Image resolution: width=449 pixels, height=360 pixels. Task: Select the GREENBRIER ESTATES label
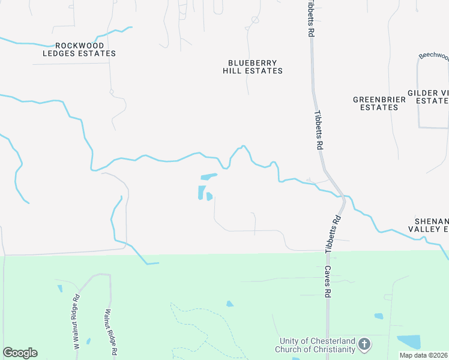pyautogui.click(x=375, y=103)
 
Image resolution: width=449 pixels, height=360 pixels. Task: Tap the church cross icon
pyautogui.click(x=364, y=344)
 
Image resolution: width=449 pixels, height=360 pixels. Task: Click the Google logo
pyautogui.click(x=20, y=353)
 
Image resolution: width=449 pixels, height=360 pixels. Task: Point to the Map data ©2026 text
pyautogui.click(x=423, y=355)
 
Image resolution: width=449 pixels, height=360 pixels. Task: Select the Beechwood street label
pyautogui.click(x=433, y=56)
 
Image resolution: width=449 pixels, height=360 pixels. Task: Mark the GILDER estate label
pyautogui.click(x=427, y=97)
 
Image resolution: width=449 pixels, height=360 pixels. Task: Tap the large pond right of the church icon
pyautogui.click(x=409, y=341)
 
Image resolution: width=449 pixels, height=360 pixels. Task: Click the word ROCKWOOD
pyautogui.click(x=79, y=45)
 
